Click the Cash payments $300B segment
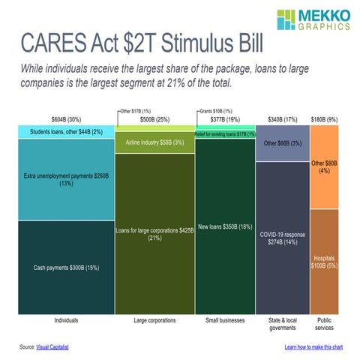66,267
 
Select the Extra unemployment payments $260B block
66,177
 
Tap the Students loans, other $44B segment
66,131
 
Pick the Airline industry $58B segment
154,142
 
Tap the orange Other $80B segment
324,166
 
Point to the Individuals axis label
66,320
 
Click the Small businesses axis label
224,320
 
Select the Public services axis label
324,323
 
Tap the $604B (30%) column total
66,118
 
